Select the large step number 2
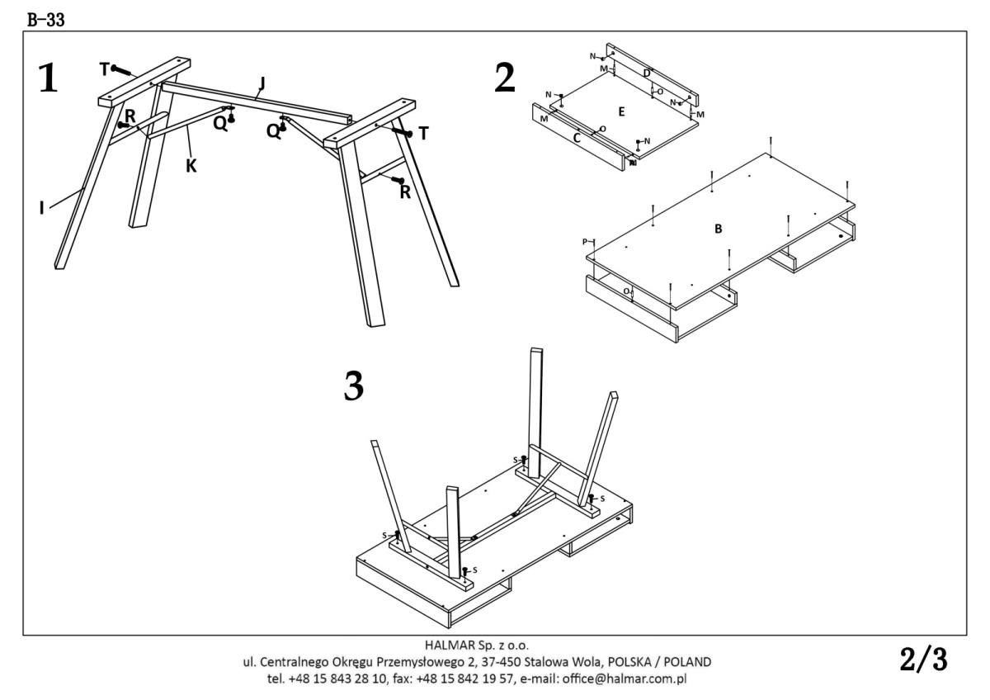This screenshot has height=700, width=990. coord(505,78)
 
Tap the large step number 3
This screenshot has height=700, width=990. coord(353,385)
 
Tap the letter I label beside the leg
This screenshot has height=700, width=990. coord(41,208)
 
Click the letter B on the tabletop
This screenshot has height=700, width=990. coord(718,229)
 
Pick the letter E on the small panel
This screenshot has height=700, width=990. coord(622,110)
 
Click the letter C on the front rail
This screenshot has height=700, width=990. coord(577,139)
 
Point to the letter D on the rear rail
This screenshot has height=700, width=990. coord(647,74)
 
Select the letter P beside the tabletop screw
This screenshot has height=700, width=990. coord(585,242)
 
